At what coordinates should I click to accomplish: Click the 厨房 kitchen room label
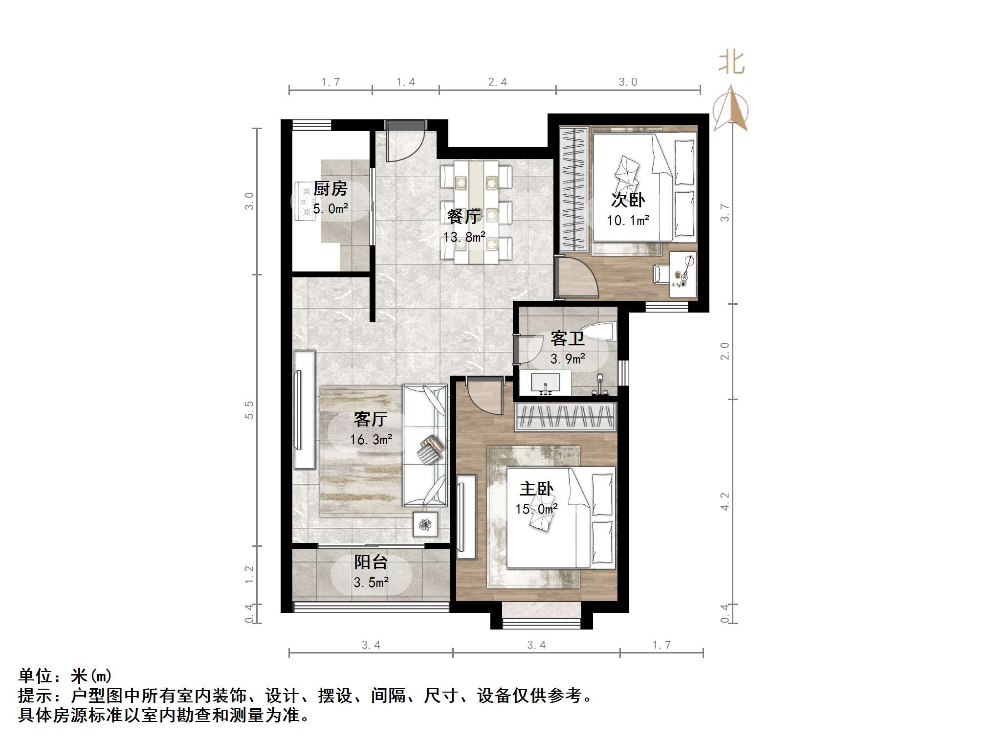(x=330, y=188)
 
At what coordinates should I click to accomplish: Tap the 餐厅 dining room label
(x=463, y=216)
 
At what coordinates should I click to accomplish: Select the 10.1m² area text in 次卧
(x=628, y=221)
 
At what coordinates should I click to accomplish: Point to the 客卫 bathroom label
(x=567, y=338)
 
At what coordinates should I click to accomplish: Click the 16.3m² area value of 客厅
(x=371, y=440)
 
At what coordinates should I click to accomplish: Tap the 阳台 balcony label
(x=371, y=562)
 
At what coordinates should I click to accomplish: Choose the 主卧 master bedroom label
(x=536, y=489)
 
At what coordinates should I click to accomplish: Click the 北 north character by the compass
(x=731, y=63)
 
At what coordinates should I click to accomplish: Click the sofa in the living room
(x=424, y=445)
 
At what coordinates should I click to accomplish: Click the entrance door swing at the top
(x=405, y=142)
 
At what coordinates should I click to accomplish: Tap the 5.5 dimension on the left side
(x=250, y=409)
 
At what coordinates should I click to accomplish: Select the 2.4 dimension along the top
(x=497, y=82)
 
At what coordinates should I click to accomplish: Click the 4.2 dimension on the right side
(x=725, y=501)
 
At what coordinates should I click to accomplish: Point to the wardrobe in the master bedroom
(x=565, y=417)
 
